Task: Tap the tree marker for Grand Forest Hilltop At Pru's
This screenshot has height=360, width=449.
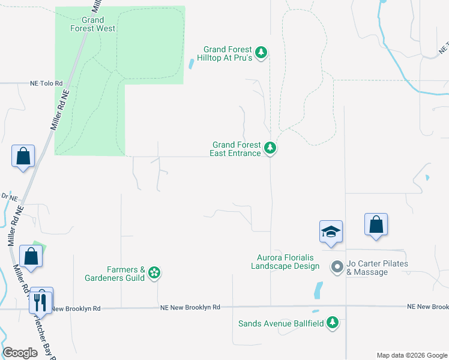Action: (261, 53)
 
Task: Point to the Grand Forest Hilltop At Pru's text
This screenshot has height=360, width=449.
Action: (228, 53)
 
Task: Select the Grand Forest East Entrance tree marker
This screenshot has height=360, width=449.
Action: (270, 148)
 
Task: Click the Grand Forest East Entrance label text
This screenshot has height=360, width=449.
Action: (236, 149)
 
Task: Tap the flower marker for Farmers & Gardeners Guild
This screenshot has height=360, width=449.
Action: (154, 273)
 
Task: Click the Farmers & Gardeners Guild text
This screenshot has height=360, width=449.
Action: (125, 274)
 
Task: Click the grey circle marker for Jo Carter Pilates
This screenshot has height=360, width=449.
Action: (337, 265)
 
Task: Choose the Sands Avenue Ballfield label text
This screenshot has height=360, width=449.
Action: (281, 323)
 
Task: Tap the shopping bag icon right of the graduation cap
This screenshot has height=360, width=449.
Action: (376, 225)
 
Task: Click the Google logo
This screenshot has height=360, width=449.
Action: (20, 353)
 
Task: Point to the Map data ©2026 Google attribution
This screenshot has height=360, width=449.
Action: (411, 355)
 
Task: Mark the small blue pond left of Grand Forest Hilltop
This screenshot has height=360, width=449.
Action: (191, 63)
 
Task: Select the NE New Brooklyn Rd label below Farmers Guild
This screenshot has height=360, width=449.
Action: (190, 307)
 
